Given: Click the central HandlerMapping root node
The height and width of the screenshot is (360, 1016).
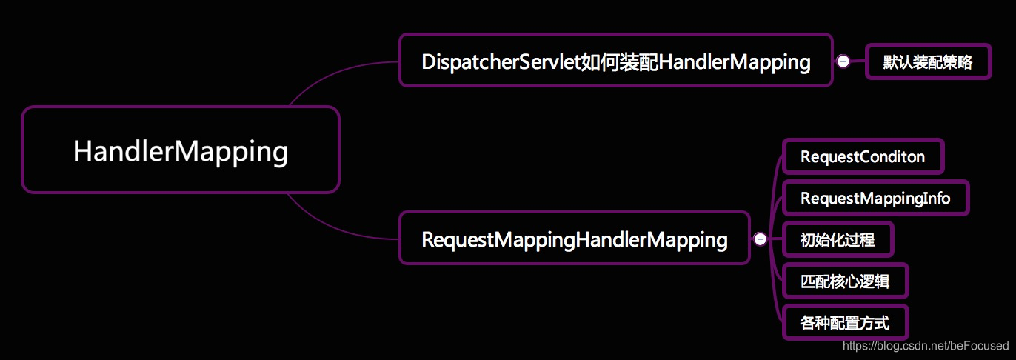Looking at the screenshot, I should [181, 150].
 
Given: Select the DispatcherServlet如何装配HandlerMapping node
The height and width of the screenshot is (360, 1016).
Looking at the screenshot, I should [615, 61].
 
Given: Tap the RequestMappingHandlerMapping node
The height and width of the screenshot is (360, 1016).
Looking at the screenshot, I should [574, 239].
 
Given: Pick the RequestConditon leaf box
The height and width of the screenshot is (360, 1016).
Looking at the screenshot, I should [863, 157].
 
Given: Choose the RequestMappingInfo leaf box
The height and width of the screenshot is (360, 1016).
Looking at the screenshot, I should [875, 198].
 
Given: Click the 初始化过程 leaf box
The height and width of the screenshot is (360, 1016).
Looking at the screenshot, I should [838, 239].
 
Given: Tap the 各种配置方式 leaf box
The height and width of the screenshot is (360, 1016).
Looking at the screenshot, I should [844, 323].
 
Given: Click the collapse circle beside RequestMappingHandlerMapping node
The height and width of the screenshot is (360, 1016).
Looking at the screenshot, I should [760, 239].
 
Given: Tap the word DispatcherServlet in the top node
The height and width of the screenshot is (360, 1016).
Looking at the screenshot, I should [500, 61].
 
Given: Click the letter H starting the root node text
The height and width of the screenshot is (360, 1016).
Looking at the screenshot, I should [81, 151].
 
